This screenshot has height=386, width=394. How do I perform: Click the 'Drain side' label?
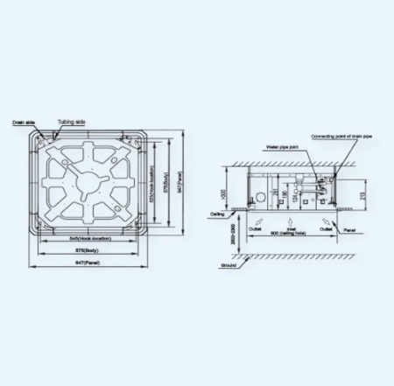click(23, 124)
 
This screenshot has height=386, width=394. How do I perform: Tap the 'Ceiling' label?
click(219, 213)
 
